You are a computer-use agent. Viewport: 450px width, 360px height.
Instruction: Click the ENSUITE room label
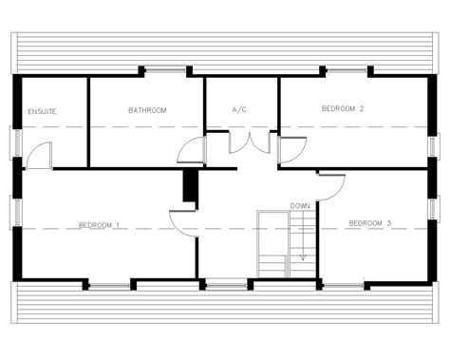point(42,111)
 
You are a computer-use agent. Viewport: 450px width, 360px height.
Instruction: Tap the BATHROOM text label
point(147,110)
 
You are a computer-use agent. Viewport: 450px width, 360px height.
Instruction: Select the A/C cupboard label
point(239,110)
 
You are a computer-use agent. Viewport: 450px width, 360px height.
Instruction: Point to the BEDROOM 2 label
point(343,108)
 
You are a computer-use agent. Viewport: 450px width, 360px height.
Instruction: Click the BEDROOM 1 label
point(99,225)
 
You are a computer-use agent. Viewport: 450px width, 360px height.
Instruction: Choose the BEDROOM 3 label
point(370,223)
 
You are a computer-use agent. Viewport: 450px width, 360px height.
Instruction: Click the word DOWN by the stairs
point(300,206)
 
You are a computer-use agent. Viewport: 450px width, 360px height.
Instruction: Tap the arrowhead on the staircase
point(303,257)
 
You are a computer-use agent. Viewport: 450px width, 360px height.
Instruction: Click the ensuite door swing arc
point(33,149)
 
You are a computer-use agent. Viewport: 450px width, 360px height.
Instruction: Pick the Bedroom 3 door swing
point(339,192)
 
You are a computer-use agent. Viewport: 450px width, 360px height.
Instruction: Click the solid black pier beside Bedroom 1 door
point(190,185)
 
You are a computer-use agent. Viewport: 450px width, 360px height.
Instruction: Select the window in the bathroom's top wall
point(165,70)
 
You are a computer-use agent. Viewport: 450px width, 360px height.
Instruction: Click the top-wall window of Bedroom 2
point(347,70)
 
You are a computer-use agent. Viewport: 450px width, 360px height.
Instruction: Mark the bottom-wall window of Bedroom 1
point(109,286)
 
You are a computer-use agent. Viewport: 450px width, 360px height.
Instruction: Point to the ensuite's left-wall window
point(16,142)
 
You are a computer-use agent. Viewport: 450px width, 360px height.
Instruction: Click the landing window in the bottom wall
point(227,285)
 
